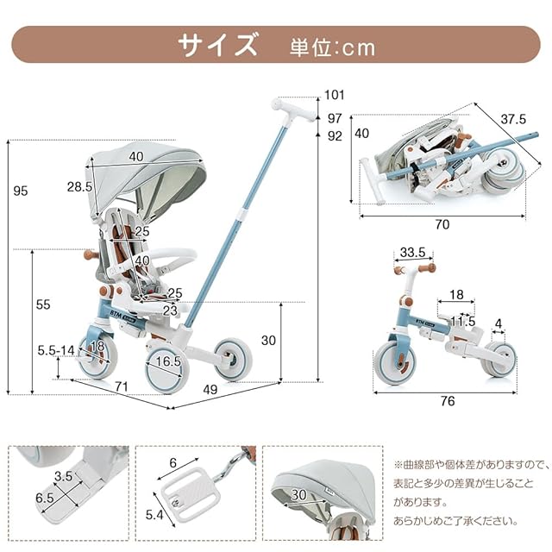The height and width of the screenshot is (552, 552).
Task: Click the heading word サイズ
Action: coord(217,45)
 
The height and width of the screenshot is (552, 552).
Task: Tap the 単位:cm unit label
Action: coord(332,47)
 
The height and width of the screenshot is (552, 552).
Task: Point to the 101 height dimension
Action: coord(334,95)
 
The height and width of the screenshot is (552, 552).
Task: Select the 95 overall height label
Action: coord(20,191)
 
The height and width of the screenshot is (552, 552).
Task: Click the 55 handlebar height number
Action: coord(43,304)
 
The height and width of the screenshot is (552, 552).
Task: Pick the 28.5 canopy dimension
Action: coord(79,186)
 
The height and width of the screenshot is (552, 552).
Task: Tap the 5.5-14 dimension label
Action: coord(56,350)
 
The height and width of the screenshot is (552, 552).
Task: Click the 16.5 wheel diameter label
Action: coord(168,361)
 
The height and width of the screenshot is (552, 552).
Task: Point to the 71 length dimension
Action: coord(122,386)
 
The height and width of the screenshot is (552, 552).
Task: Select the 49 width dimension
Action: coord(210,389)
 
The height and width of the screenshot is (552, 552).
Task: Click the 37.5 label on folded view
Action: coord(513,119)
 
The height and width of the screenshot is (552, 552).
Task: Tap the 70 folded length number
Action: coord(442,224)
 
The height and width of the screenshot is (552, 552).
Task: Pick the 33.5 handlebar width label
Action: coord(412,252)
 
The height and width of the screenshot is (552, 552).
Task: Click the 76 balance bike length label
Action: coord(448,400)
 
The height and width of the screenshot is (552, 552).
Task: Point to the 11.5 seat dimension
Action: coord(463,321)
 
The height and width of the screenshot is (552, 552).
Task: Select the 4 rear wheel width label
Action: coord(499,323)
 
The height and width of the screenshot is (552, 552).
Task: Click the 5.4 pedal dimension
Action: coord(154,515)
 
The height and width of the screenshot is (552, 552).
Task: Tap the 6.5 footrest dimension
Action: coord(45,498)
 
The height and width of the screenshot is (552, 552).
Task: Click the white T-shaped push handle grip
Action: coord(294,110)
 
